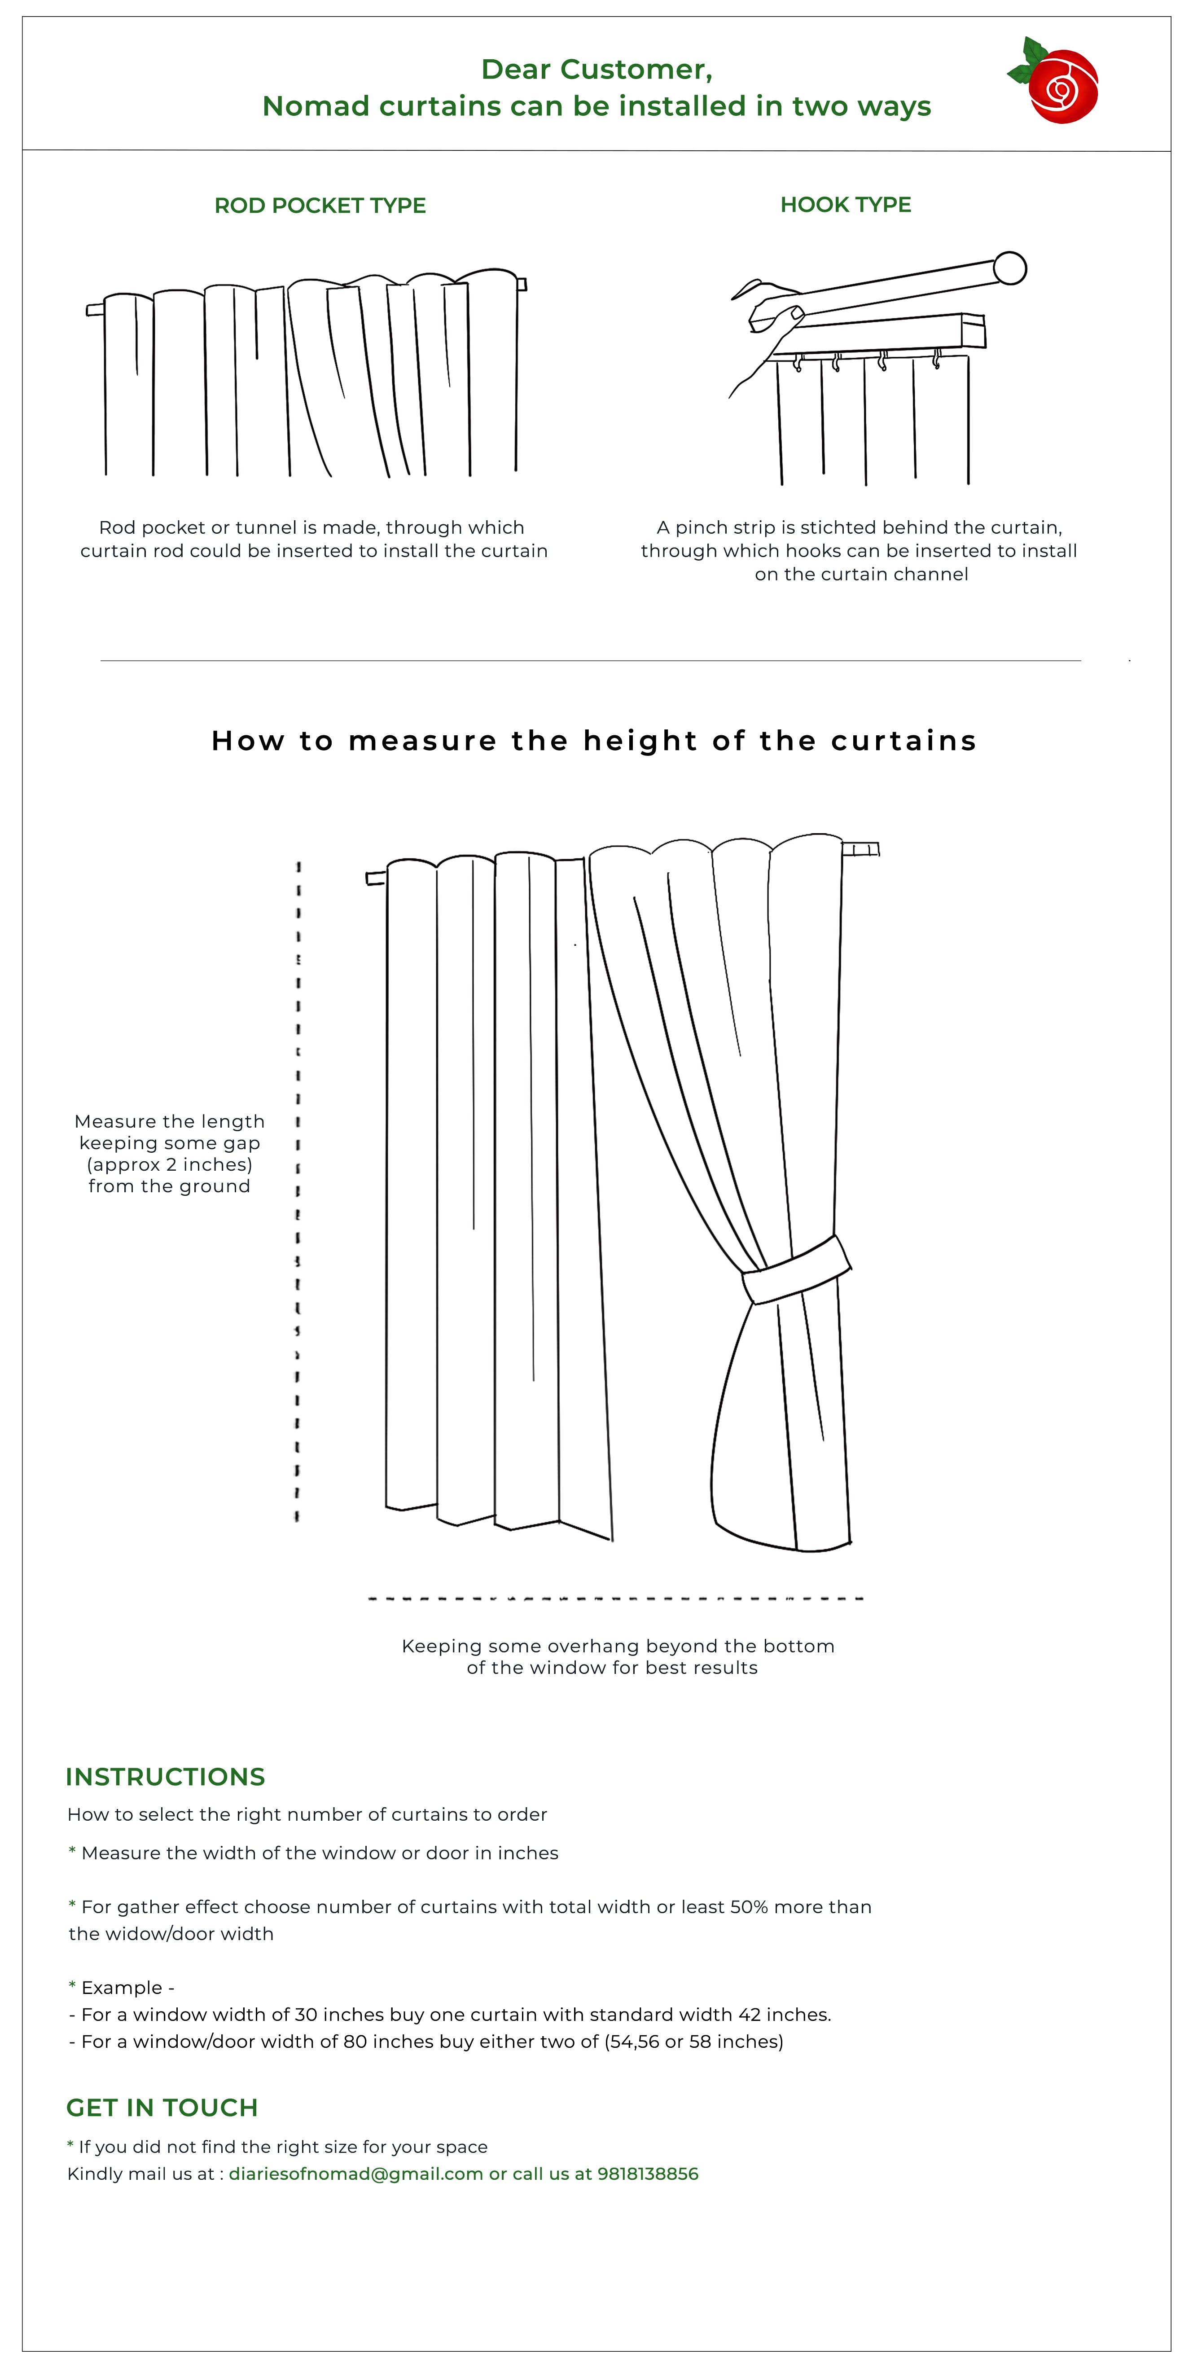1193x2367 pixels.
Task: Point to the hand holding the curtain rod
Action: [x=767, y=326]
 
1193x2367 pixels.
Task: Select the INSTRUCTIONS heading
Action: [x=165, y=1777]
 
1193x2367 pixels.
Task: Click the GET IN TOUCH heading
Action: [x=162, y=2108]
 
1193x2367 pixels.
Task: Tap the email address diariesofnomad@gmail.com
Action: [x=355, y=2174]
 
